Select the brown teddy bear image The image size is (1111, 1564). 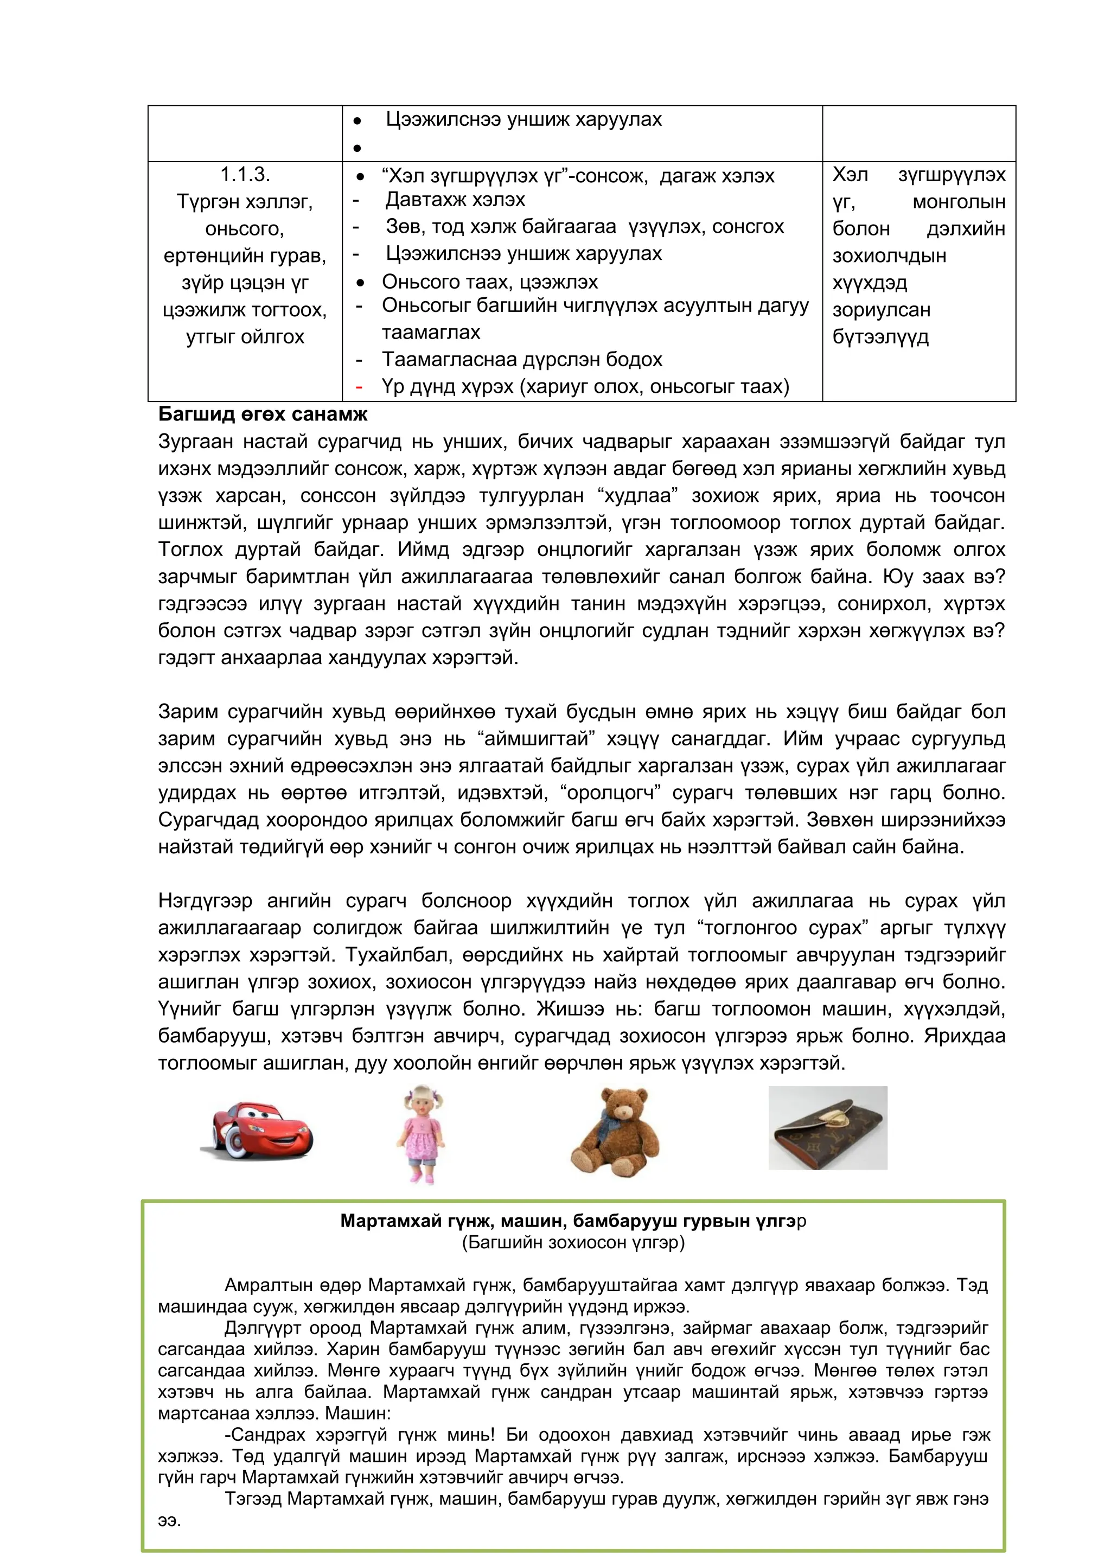click(614, 1132)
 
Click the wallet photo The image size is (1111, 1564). click(827, 1128)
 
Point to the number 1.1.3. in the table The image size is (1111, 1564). click(245, 175)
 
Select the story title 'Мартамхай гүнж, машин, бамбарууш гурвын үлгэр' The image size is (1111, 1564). click(573, 1221)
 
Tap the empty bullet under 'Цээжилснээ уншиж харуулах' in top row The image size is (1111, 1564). click(357, 148)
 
